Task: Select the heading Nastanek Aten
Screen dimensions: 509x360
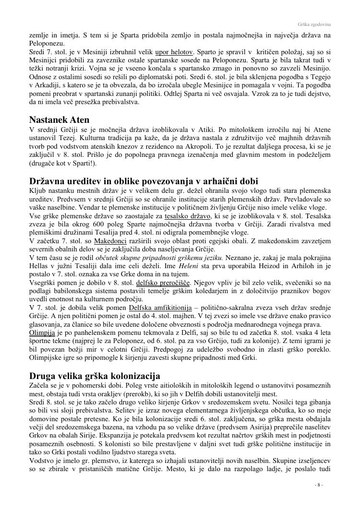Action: (x=59, y=119)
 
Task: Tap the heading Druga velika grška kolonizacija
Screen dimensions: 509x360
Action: (x=95, y=375)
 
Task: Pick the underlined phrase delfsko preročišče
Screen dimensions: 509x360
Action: (x=163, y=282)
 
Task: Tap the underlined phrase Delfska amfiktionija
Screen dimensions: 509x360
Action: (x=161, y=307)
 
